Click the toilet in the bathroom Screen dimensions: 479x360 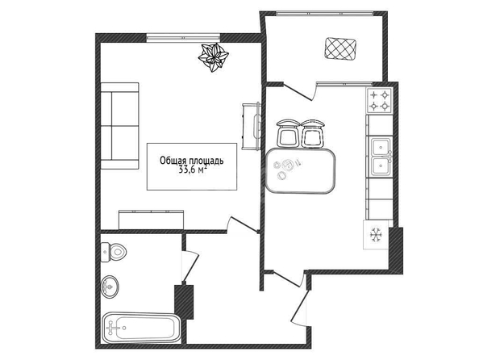[x=114, y=252]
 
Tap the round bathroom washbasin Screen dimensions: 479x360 [x=110, y=287]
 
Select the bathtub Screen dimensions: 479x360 [x=141, y=328]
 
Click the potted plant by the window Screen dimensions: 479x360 [x=213, y=57]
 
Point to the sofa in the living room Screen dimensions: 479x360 [x=119, y=126]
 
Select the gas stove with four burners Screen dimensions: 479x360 [x=379, y=100]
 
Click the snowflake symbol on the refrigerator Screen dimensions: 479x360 [x=376, y=235]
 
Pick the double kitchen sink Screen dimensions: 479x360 [x=381, y=157]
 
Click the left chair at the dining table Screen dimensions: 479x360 [x=287, y=132]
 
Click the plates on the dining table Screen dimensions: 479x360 [x=285, y=168]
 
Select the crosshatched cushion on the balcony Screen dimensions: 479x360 [x=339, y=49]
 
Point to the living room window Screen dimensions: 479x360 [x=183, y=38]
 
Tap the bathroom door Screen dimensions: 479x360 [x=190, y=266]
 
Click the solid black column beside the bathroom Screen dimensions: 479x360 [x=184, y=302]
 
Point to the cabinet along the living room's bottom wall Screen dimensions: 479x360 [x=152, y=220]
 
